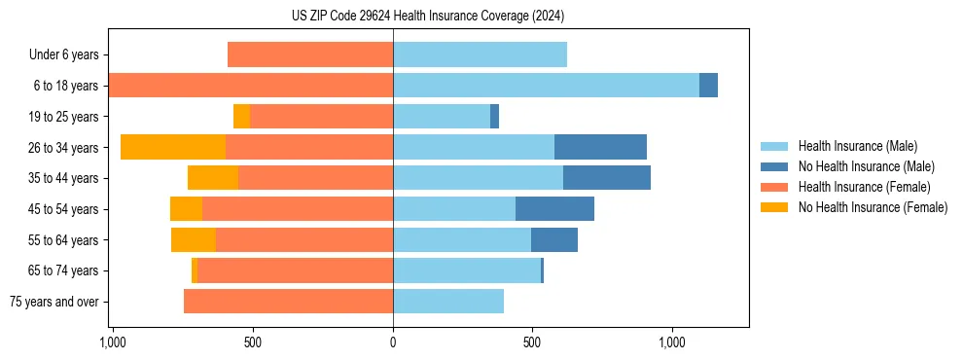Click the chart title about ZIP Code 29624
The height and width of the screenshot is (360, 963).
coord(427,17)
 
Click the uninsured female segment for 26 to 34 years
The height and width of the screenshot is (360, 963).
coord(173,147)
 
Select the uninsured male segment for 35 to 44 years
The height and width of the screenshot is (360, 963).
coord(607,178)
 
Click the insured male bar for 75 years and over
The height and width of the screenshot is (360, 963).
coord(448,302)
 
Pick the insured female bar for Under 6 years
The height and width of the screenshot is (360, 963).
coord(310,54)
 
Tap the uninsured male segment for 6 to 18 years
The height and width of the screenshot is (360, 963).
coord(708,86)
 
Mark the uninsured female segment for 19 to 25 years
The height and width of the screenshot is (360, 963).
coord(241,117)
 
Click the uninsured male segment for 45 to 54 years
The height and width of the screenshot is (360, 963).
coord(554,209)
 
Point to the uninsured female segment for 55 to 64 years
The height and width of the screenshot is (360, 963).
coord(194,240)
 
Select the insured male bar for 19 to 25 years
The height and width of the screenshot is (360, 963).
coord(442,117)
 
